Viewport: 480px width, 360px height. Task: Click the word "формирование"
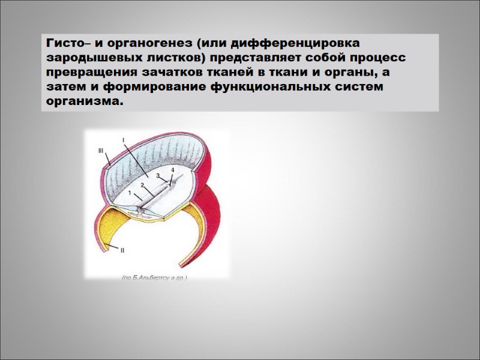[157, 87]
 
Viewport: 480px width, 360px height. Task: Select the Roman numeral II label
[121, 250]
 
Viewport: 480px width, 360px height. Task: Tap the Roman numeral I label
[124, 140]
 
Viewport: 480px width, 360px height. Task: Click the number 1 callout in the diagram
[130, 192]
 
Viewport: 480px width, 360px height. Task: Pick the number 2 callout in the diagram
[142, 185]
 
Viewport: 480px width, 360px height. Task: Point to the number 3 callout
[157, 176]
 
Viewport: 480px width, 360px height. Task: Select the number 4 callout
[173, 171]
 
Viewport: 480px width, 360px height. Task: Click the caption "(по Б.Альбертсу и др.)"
[154, 278]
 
